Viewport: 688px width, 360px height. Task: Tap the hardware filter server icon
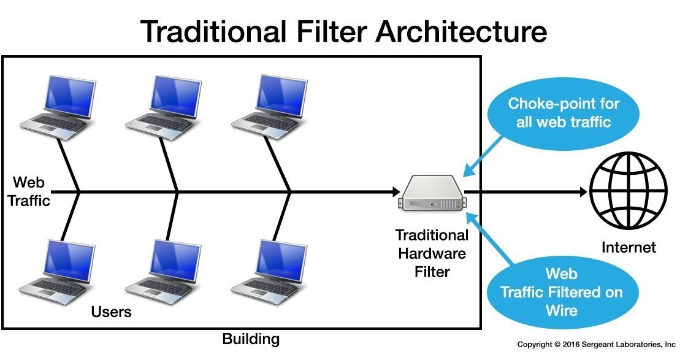click(x=432, y=193)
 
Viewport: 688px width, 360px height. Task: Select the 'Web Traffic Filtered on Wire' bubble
click(x=561, y=291)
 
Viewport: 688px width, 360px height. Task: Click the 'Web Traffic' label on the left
click(x=29, y=191)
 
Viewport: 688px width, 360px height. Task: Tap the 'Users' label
click(x=111, y=312)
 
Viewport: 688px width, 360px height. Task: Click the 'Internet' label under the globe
click(x=629, y=248)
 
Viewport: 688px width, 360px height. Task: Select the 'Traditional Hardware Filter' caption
click(x=432, y=253)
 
